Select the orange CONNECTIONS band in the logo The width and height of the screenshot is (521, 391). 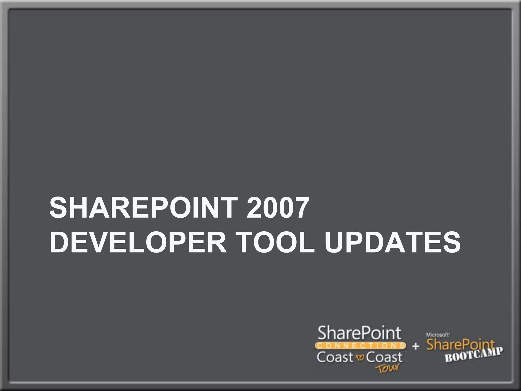[x=360, y=345]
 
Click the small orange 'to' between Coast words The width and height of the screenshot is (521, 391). [x=360, y=357]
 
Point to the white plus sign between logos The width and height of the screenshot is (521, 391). [x=415, y=346]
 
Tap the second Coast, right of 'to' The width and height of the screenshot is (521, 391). [x=384, y=357]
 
